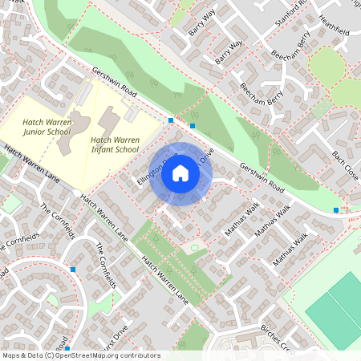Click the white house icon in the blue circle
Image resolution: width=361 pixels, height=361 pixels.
[x=180, y=173]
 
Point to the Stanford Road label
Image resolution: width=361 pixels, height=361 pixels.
[x=291, y=13]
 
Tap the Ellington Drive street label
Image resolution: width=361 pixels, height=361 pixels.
[x=152, y=170]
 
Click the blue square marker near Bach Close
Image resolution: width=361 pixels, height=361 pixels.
[x=336, y=210]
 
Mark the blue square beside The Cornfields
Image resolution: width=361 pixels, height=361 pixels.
[x=73, y=270]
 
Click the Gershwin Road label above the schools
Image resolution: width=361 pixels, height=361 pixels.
[x=114, y=83]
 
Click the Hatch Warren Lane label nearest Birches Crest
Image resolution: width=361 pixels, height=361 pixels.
[x=165, y=280]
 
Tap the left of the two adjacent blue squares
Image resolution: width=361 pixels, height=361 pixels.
[x=171, y=120]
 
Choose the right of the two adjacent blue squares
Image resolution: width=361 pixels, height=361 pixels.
[x=192, y=126]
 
